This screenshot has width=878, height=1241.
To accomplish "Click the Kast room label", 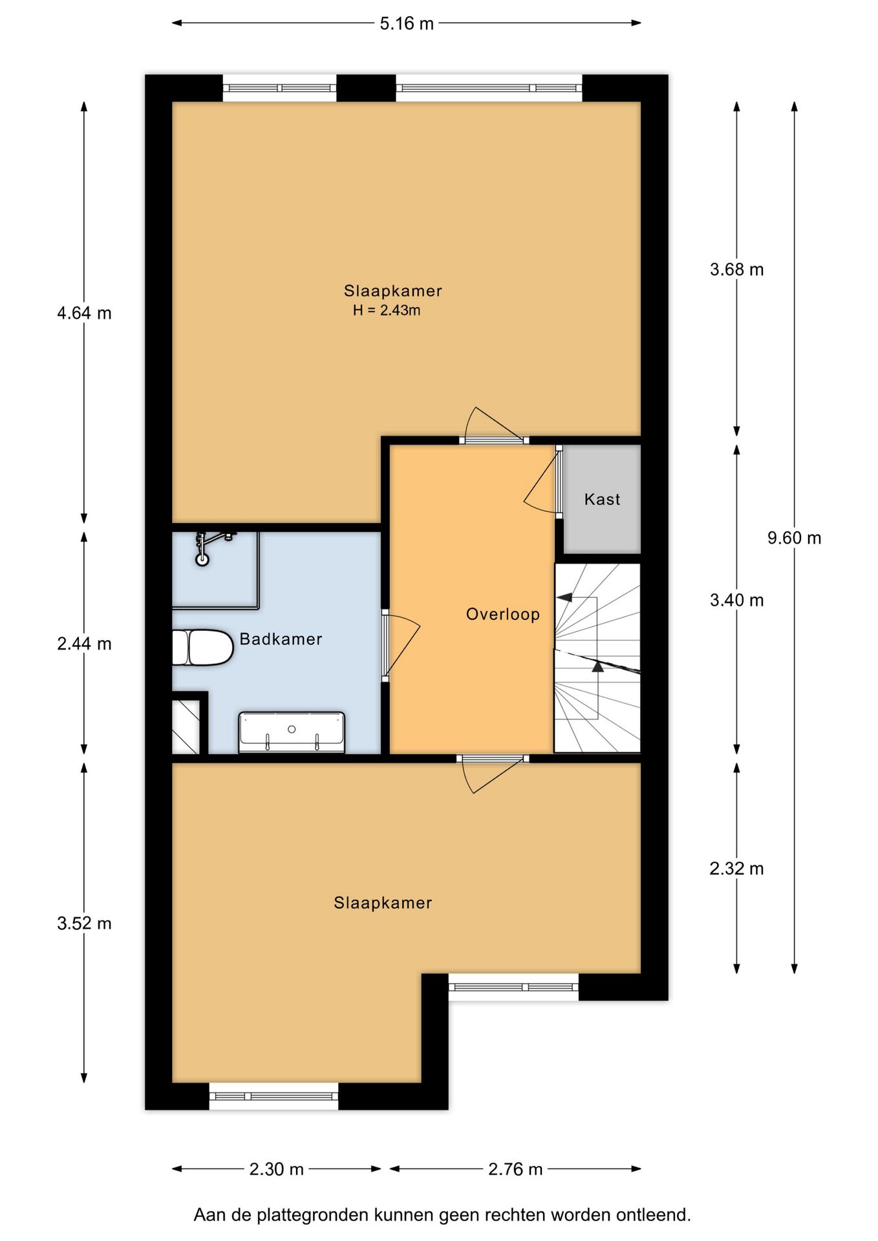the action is pos(602,499).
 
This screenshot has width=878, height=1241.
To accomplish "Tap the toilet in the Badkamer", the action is pos(202,647).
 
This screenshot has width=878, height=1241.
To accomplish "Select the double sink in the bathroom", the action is pos(292,732).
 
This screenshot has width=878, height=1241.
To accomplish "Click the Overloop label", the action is pos(503,614).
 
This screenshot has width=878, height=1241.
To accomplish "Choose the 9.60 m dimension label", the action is pos(794,538).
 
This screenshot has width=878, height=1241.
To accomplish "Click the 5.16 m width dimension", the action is pos(407,24).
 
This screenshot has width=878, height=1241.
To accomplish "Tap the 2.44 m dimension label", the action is pos(84,644).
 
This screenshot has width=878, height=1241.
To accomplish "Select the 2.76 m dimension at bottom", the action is pos(515,1169).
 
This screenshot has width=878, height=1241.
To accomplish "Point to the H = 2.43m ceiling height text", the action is pos(387,310).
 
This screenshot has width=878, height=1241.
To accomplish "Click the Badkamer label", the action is pos(281,639).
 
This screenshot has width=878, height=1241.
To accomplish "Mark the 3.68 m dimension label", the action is pos(736,270).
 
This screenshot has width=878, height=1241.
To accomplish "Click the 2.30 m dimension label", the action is pos(277,1169).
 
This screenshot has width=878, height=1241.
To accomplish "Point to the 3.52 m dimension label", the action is pos(84,923).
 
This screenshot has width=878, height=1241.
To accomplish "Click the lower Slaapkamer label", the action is pos(383,903).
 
